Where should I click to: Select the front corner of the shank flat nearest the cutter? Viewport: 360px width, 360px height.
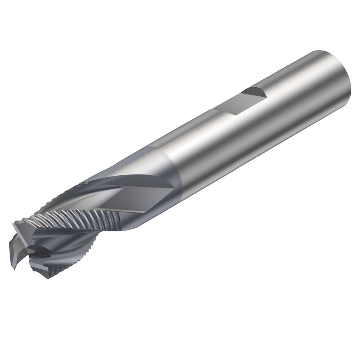[x=214, y=110]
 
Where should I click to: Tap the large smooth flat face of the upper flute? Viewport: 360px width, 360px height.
[x=139, y=196]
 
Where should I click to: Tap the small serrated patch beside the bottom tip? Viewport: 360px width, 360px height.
[x=57, y=270]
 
